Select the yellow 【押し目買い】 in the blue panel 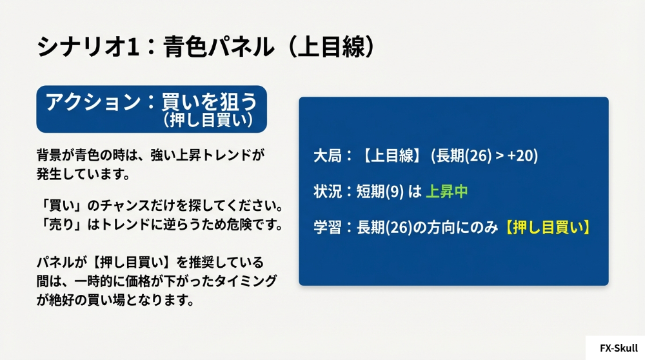coord(546,227)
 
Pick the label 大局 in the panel coord(325,156)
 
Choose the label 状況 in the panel coord(325,192)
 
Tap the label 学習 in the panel coord(325,227)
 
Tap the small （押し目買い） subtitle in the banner coord(206,120)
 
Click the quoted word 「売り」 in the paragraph coord(56,225)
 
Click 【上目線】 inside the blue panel coord(391,156)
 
